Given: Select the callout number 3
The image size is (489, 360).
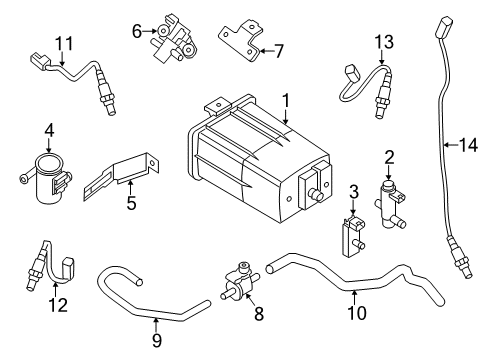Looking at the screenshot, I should coord(353,191).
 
